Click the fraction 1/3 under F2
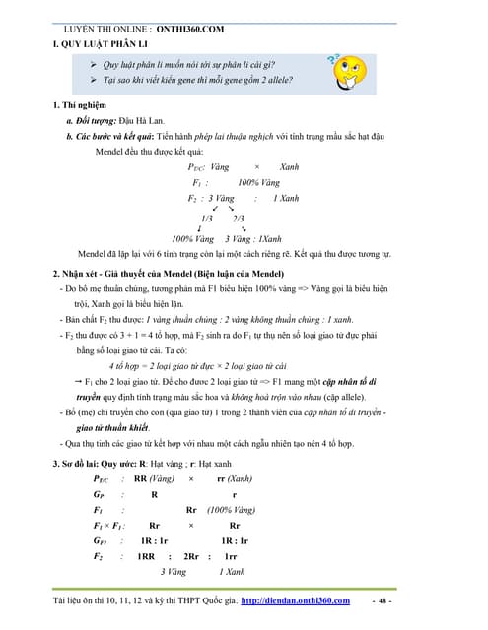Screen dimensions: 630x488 tap(207, 218)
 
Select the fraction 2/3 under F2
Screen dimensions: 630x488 tap(239, 218)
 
